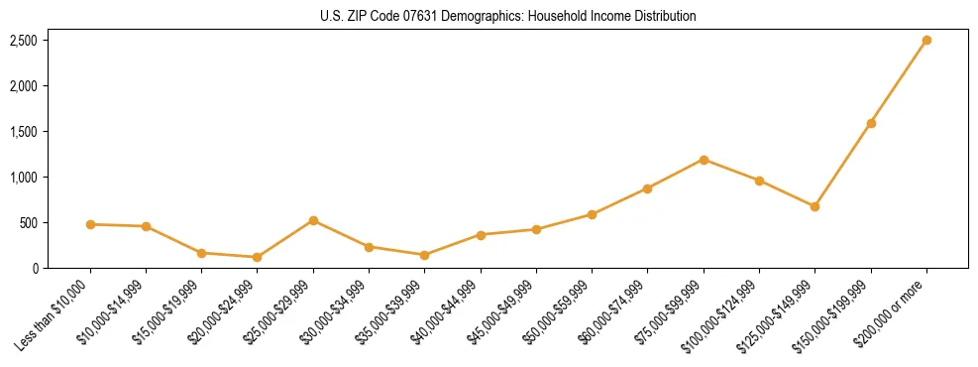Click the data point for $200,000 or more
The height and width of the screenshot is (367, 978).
point(926,41)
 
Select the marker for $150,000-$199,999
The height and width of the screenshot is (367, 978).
point(871,123)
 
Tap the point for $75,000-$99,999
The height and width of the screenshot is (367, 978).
point(704,160)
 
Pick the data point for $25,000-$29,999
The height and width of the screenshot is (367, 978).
point(313,220)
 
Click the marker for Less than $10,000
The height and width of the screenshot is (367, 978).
point(90,224)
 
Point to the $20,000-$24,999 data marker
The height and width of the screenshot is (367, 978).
point(258,257)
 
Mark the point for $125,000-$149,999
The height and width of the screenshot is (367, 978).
point(815,206)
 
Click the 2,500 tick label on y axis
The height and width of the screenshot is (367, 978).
point(24,41)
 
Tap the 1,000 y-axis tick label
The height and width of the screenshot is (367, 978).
point(24,178)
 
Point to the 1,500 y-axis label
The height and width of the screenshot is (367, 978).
point(24,132)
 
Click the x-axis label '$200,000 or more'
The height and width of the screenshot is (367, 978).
point(891,310)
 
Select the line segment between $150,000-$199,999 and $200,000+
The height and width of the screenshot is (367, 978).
point(899,82)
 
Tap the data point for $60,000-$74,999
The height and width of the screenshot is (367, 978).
point(647,188)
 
